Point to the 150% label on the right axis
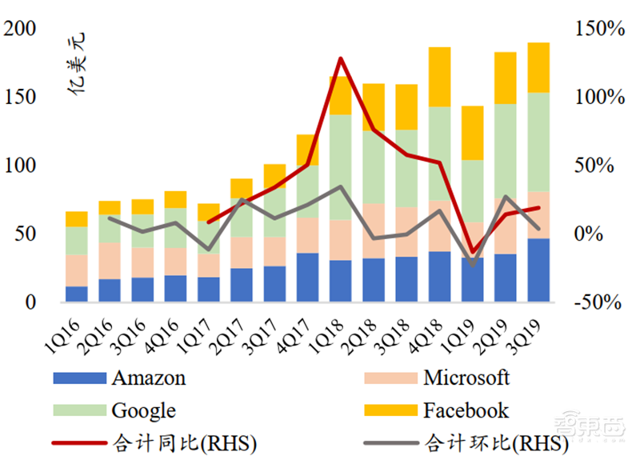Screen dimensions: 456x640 (x=598, y=30)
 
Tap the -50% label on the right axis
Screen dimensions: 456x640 (x=598, y=303)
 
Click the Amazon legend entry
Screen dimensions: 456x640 (x=149, y=378)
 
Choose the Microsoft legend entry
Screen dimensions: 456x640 (x=466, y=378)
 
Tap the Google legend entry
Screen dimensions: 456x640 (x=143, y=411)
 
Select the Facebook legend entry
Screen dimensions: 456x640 (x=466, y=411)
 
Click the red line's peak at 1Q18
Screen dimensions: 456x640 (x=341, y=58)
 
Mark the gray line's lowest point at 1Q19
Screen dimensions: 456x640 (x=474, y=264)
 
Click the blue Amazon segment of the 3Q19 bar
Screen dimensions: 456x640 (x=538, y=270)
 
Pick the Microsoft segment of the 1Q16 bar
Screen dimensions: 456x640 (x=77, y=270)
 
